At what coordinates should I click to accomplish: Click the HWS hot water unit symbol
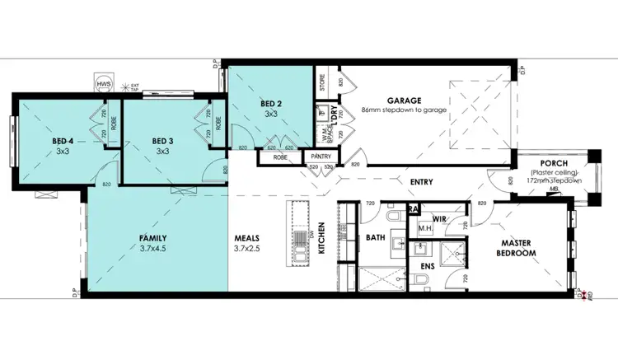104,84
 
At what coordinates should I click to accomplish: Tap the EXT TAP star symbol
125,86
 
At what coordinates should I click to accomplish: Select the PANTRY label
320,156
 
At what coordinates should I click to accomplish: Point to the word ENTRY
421,182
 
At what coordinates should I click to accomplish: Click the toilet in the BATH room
393,217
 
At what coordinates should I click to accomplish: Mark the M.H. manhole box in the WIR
427,228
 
